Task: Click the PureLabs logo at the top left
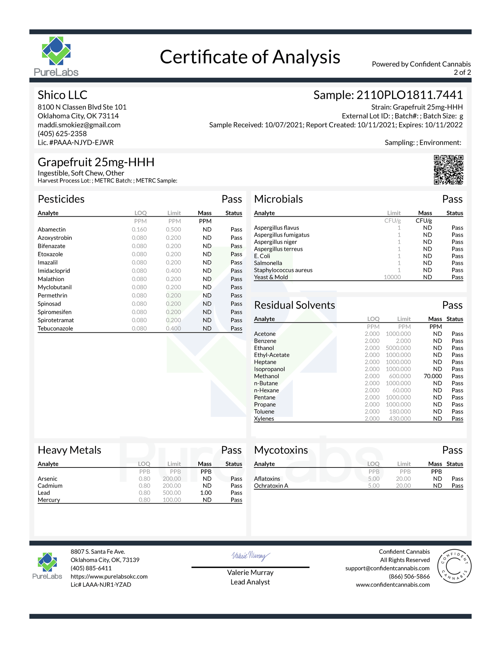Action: [x=56, y=56]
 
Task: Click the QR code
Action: [x=448, y=169]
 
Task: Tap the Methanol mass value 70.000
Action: [x=433, y=376]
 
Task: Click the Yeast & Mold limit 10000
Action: [x=392, y=277]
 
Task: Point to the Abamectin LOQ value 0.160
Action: [x=139, y=229]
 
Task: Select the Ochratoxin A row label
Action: [x=271, y=486]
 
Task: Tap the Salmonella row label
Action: [x=268, y=263]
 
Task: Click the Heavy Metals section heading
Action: [x=69, y=450]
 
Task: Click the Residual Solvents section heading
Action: [x=294, y=305]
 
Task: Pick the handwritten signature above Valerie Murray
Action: [x=250, y=556]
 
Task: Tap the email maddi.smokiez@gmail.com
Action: [x=79, y=125]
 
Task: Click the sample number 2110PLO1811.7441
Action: [x=409, y=95]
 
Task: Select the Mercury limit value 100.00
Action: [x=172, y=500]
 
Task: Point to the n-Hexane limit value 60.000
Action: [x=401, y=391]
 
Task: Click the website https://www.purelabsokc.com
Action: [x=109, y=577]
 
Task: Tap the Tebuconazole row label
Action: [x=55, y=329]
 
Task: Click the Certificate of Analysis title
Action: [x=250, y=57]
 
